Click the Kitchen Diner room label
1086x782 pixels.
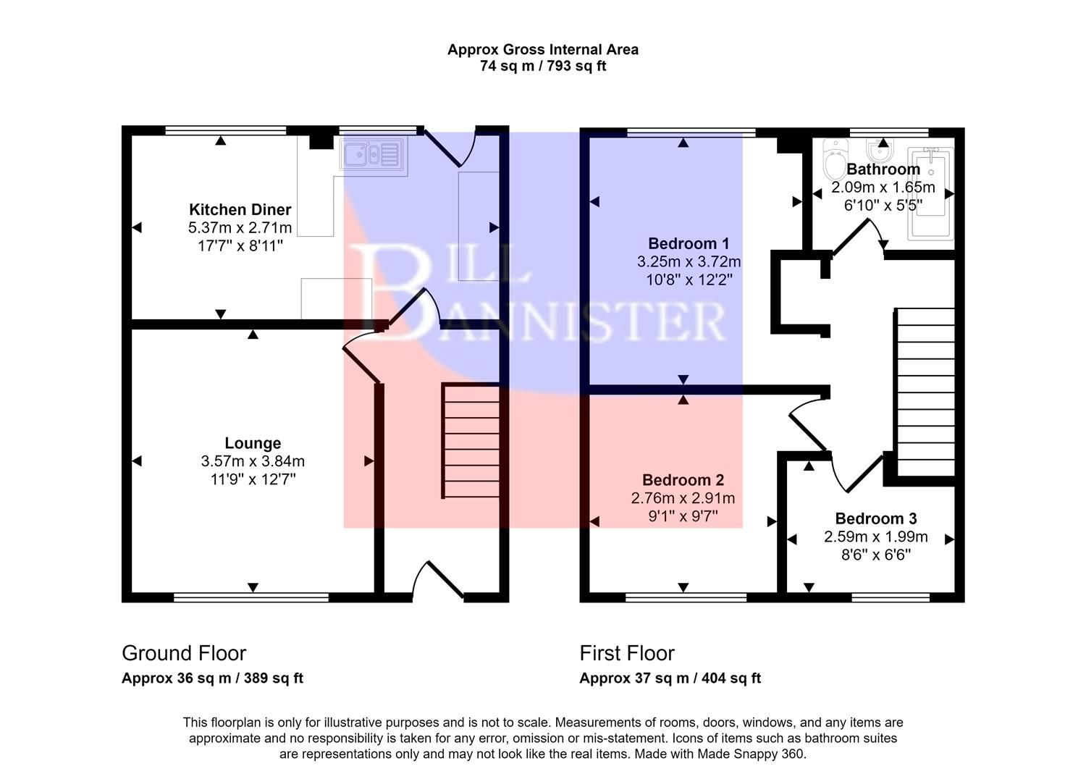[240, 210]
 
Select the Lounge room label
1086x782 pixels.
[253, 443]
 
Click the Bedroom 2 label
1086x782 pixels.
[683, 480]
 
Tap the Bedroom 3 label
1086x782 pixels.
[875, 518]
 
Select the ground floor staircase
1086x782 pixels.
[471, 441]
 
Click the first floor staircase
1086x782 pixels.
[925, 392]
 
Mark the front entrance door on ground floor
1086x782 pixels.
[437, 582]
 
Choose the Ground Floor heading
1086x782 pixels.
[184, 653]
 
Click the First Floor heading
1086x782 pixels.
[626, 653]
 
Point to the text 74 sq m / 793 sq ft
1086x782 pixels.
[542, 66]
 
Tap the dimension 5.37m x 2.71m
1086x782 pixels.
[240, 228]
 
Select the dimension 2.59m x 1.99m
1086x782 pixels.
[875, 537]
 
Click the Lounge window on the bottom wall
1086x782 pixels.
[251, 597]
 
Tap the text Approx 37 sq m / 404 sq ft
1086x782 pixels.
[670, 678]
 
